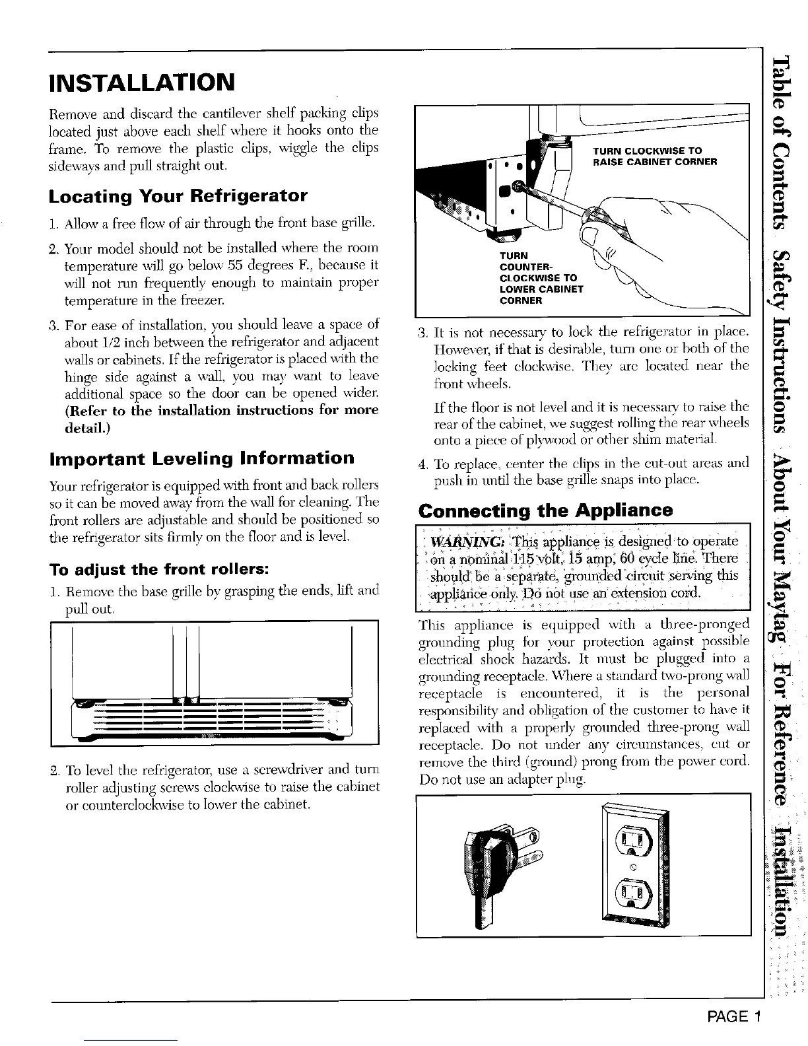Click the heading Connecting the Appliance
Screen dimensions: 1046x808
click(x=545, y=510)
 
